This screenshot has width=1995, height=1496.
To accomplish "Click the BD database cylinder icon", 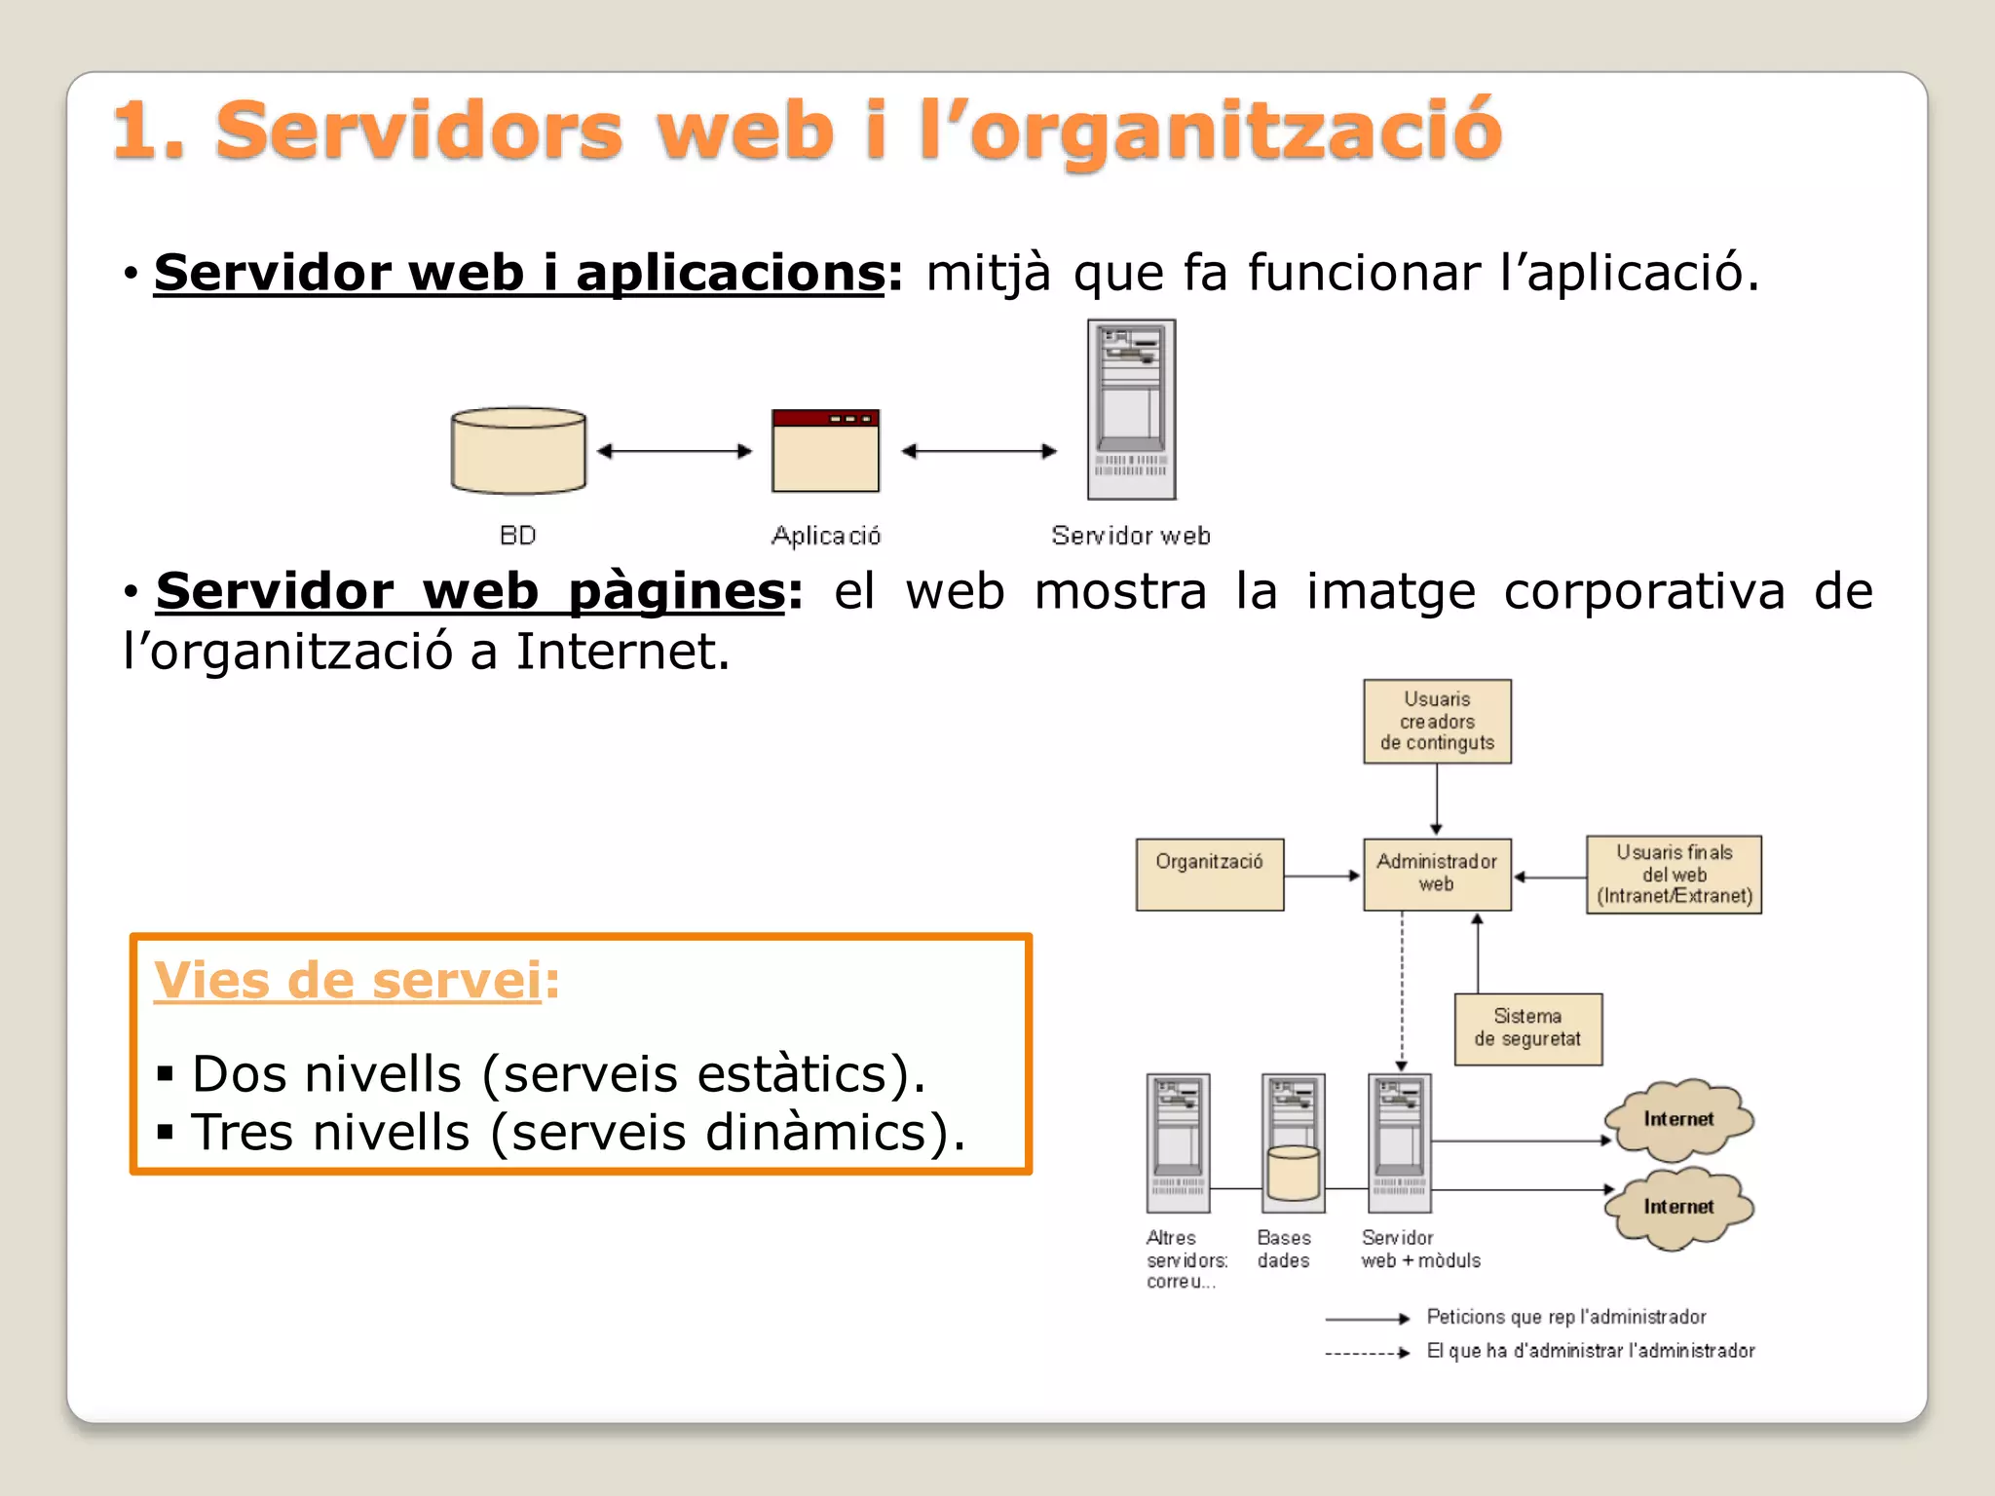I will (x=518, y=451).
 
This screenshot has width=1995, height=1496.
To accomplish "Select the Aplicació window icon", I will (x=825, y=451).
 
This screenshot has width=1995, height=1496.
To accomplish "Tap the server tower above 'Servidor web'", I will (x=1131, y=410).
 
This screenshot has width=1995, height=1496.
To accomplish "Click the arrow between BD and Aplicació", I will (x=674, y=451).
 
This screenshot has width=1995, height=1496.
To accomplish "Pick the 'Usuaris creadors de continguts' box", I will (x=1437, y=722).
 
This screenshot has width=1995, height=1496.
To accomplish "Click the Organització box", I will (x=1210, y=875).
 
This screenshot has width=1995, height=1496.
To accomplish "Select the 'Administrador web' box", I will (x=1437, y=874).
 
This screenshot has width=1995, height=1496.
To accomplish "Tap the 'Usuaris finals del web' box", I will (x=1674, y=875).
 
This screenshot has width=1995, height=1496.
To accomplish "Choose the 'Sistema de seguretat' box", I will (x=1527, y=1028).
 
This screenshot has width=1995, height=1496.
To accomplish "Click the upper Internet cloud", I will (x=1678, y=1120).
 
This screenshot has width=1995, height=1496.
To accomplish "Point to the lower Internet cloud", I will (x=1678, y=1208).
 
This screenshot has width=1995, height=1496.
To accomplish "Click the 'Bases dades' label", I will (x=1284, y=1249).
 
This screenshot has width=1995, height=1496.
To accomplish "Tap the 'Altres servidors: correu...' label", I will (x=1186, y=1259).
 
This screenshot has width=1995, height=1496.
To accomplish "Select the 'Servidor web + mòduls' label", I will (x=1420, y=1249).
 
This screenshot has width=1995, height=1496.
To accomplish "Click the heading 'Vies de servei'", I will (x=348, y=980).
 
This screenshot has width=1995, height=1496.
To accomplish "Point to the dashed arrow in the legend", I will (x=1367, y=1353).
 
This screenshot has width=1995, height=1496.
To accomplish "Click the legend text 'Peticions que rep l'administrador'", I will (x=1565, y=1318).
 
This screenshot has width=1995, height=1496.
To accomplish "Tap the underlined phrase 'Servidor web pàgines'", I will (x=471, y=591).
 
